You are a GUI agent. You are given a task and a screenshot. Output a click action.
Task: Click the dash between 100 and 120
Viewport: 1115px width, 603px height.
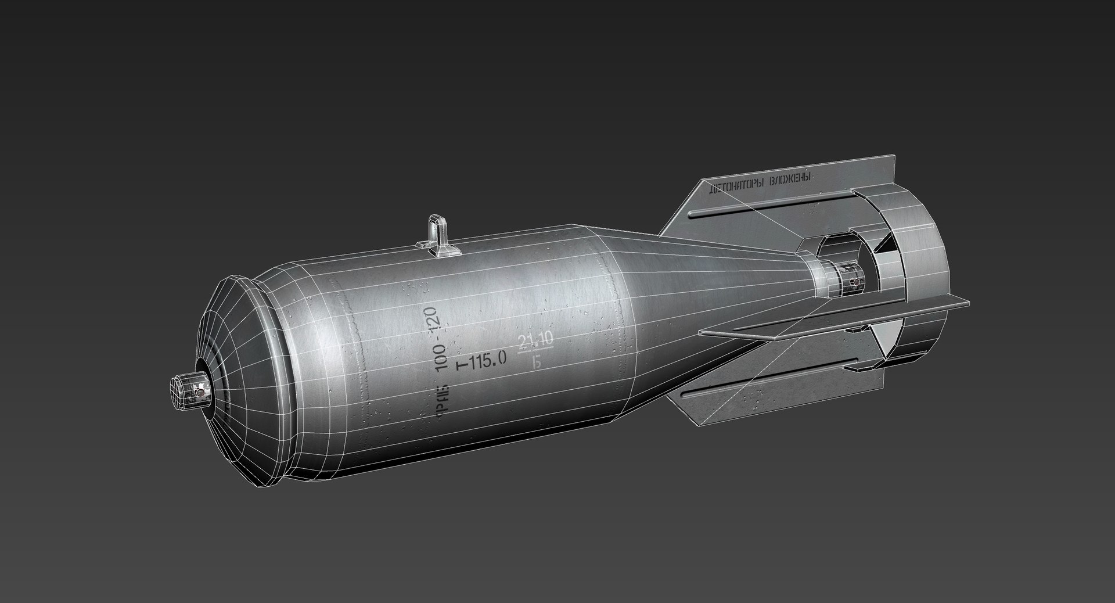point(438,343)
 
